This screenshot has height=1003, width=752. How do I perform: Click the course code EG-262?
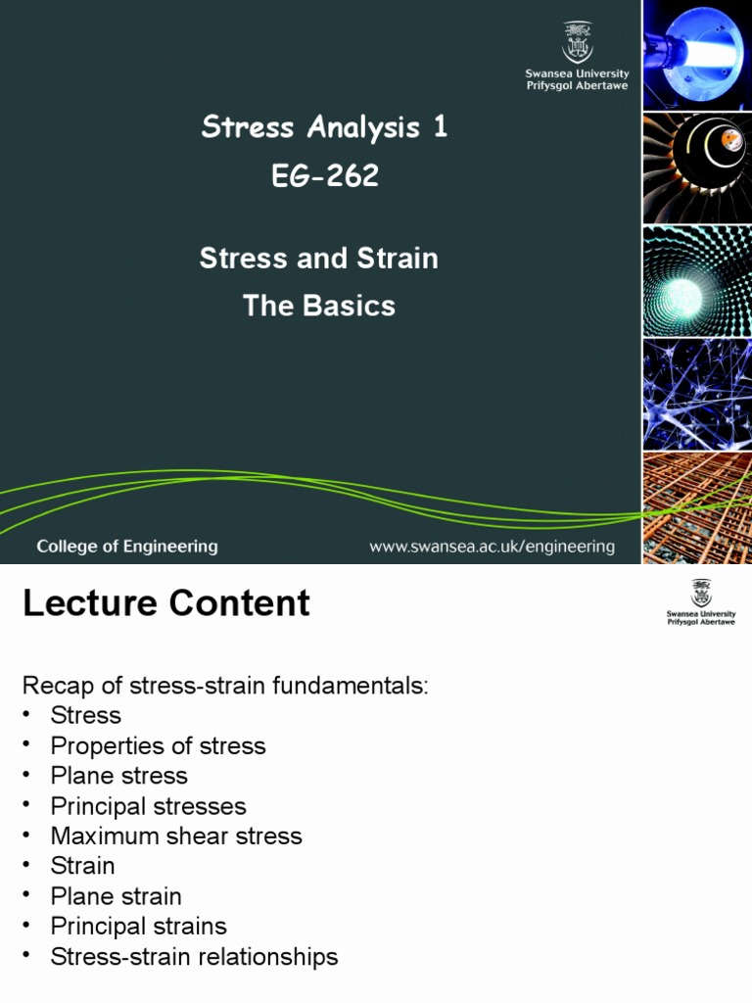(324, 175)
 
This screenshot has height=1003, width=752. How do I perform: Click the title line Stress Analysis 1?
(324, 126)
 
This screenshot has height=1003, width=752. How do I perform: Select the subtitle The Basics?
(319, 306)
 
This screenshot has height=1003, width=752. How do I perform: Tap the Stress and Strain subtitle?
(319, 259)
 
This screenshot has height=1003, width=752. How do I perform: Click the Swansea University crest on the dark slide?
(577, 43)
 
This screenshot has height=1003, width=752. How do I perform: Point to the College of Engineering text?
(127, 547)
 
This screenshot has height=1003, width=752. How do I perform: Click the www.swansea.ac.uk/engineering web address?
(492, 547)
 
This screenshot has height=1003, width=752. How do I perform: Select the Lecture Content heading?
(166, 603)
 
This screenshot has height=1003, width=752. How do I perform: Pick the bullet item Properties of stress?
(158, 745)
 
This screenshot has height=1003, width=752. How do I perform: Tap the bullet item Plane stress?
(118, 776)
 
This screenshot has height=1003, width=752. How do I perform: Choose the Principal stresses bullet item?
(148, 806)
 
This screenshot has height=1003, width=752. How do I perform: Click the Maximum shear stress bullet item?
(176, 836)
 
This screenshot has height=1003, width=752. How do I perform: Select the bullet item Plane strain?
(116, 896)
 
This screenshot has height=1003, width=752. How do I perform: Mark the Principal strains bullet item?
(138, 926)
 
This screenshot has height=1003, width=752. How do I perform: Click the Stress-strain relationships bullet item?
(194, 957)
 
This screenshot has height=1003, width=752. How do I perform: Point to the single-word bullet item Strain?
(82, 866)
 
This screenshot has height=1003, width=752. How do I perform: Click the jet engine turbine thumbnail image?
(697, 168)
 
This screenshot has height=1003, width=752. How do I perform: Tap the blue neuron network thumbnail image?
(697, 394)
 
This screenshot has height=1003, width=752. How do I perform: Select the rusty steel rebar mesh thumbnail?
(697, 507)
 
